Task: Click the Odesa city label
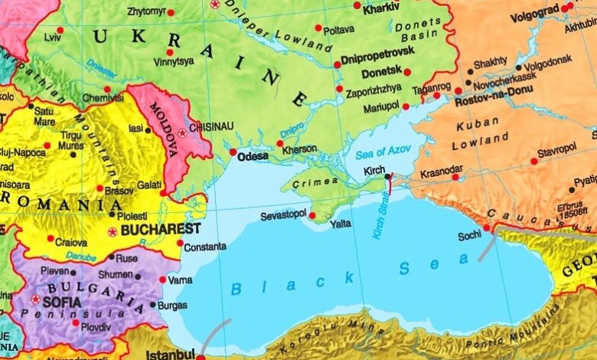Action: click(253, 155)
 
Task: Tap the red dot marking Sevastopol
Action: click(312, 215)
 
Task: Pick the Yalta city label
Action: click(341, 224)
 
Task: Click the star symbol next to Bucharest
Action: click(113, 231)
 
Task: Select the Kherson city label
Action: click(299, 149)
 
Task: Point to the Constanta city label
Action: click(206, 247)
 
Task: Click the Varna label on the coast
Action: click(180, 280)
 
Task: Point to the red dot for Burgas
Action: click(152, 305)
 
